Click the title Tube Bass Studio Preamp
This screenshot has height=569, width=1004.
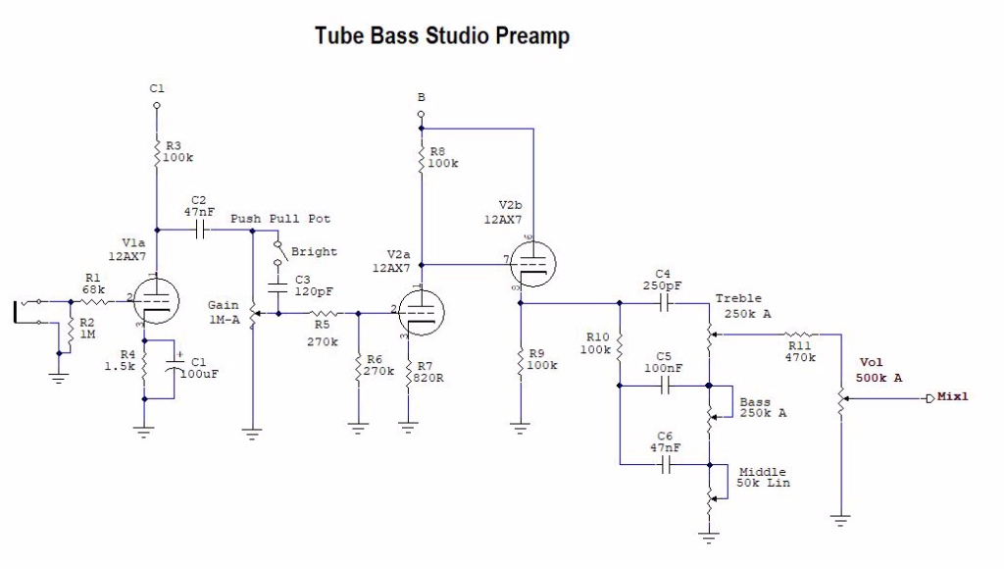(441, 36)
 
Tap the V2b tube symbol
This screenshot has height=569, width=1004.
(533, 262)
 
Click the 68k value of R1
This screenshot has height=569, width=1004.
(93, 289)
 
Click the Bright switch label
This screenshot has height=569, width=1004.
(314, 252)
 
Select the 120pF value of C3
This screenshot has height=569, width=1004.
(311, 292)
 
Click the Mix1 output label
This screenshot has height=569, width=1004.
(952, 397)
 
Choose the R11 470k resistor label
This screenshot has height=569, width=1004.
(800, 351)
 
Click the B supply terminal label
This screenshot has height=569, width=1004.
(421, 98)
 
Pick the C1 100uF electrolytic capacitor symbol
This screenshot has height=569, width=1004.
(176, 370)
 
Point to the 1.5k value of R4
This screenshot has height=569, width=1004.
(120, 367)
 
